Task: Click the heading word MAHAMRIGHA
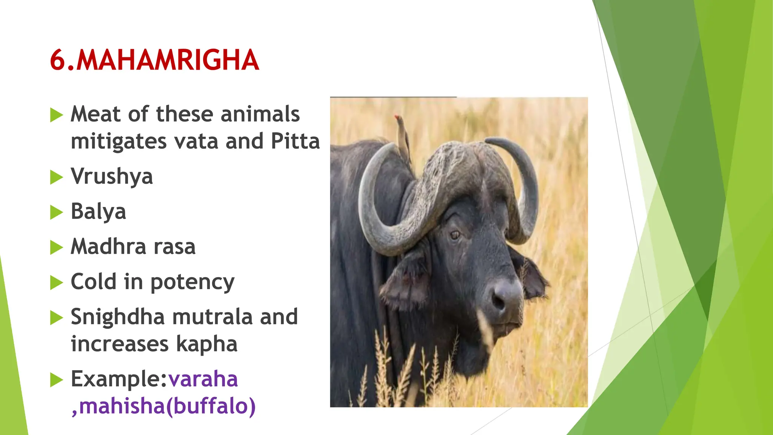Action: (x=168, y=60)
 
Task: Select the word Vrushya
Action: (x=112, y=176)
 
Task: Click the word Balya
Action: (x=98, y=211)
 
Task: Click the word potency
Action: (x=192, y=282)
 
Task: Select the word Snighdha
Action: (x=117, y=316)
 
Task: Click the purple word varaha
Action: (x=203, y=379)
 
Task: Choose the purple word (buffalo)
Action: (x=211, y=406)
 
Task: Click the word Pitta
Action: (x=295, y=141)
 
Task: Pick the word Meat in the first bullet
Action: (x=95, y=114)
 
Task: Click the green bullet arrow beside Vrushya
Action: (x=56, y=177)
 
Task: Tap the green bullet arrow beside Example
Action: (x=56, y=379)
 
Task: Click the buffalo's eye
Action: (x=455, y=235)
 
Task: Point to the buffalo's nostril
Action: (x=498, y=301)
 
